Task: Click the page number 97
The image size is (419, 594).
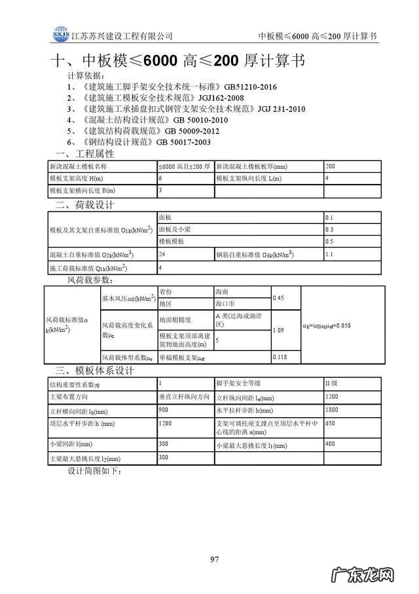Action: click(213, 559)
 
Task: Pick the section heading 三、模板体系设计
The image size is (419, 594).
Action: click(94, 371)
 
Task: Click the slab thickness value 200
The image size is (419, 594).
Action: click(330, 166)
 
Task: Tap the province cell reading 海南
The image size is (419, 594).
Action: click(222, 292)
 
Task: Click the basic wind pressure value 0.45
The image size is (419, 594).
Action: click(278, 298)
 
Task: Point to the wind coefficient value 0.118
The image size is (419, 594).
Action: click(280, 357)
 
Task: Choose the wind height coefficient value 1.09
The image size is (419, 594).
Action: click(278, 330)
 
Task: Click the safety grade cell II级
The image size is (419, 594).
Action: click(332, 382)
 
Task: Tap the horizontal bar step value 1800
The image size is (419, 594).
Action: click(332, 409)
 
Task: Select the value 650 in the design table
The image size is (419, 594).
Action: click(330, 424)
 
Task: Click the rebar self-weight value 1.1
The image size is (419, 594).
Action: click(329, 254)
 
